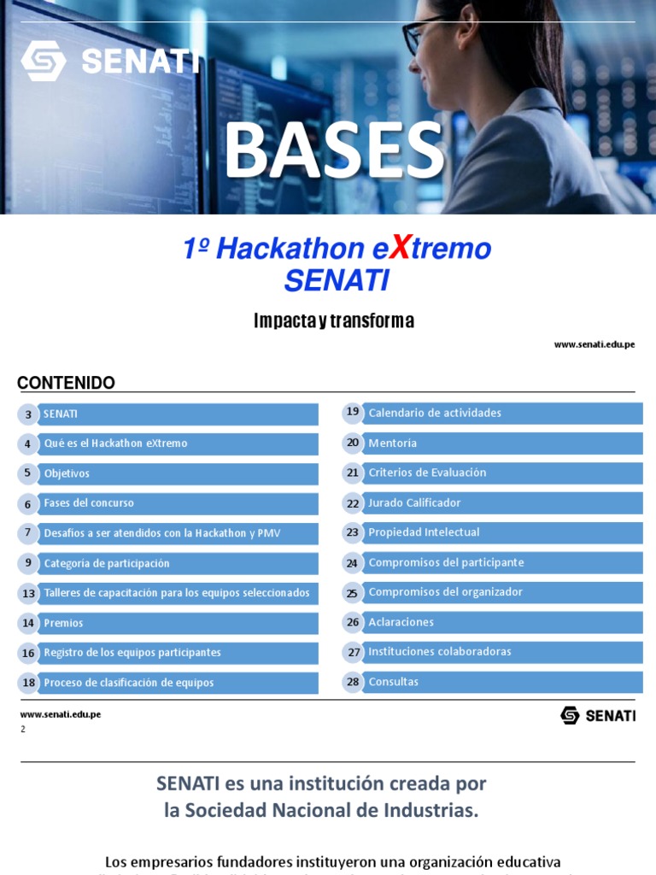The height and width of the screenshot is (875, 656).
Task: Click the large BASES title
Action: [334, 151]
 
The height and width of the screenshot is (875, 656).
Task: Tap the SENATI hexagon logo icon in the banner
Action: [43, 61]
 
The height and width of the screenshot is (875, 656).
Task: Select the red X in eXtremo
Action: [398, 249]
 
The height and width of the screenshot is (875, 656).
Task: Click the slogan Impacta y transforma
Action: [334, 320]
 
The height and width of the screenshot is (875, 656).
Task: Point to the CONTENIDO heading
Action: [66, 383]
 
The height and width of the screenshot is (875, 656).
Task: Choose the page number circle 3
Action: [28, 414]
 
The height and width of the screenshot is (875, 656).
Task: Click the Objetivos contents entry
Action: [67, 473]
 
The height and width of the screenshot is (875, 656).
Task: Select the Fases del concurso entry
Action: [89, 503]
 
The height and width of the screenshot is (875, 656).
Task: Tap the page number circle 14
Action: [28, 623]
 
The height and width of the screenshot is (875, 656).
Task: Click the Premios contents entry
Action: [64, 623]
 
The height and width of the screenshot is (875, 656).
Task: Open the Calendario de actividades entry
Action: [435, 413]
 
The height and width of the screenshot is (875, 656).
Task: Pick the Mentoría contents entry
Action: [393, 443]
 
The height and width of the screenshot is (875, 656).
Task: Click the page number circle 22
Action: [353, 503]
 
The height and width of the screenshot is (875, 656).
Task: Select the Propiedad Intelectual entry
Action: [424, 532]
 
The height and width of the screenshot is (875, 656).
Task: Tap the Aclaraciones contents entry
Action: [401, 622]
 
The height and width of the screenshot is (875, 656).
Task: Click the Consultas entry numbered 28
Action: [394, 682]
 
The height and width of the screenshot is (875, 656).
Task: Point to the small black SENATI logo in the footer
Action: [598, 715]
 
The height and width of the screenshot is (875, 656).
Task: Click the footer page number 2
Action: [23, 729]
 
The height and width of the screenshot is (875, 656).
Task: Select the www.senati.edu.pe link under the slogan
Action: [594, 344]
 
